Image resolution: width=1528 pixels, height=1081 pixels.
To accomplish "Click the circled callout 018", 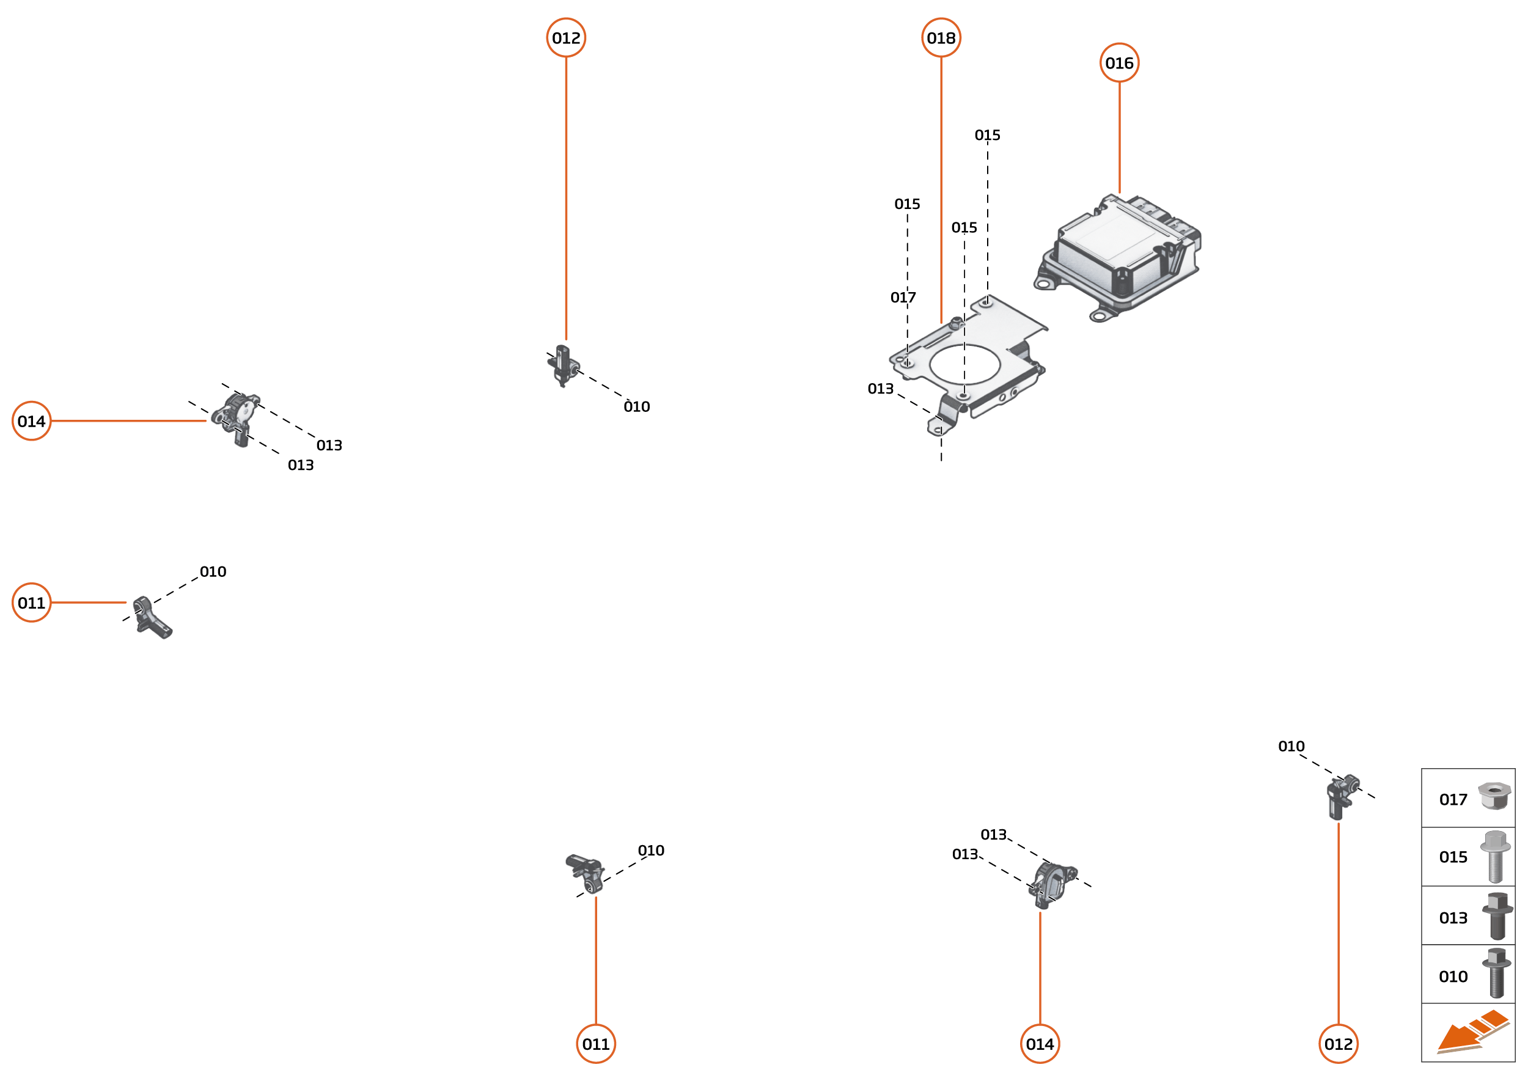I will (941, 38).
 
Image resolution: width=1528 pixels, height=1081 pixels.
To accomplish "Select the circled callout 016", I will (1119, 63).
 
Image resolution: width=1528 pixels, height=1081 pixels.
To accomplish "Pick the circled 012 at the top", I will (566, 38).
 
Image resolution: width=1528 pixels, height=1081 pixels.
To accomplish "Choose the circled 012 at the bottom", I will (1339, 1044).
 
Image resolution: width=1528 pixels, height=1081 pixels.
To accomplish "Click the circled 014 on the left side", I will (31, 422).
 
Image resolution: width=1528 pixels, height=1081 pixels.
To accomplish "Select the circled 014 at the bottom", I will (1040, 1044).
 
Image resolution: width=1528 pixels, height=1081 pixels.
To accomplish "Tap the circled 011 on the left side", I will (31, 603).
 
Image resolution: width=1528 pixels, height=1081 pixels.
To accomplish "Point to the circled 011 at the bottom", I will (596, 1044).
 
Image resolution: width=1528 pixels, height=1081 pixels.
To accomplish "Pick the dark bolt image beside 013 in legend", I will (1497, 916).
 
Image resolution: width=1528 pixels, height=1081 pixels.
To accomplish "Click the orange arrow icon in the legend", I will (1472, 1033).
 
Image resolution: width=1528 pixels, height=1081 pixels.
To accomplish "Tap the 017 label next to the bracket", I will (903, 298).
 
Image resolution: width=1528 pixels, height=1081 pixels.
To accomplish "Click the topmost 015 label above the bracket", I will (987, 136).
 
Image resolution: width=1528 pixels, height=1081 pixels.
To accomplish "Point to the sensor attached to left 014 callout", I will (235, 417).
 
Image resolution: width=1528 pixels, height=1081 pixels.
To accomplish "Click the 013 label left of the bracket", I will (880, 389).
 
